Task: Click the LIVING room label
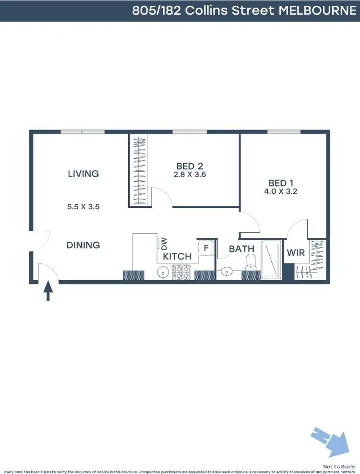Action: point(83,174)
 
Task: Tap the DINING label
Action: point(83,245)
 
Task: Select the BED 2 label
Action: point(190,166)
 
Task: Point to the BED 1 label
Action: point(281,183)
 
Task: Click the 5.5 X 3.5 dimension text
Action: point(83,207)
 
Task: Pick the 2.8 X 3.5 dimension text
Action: point(190,175)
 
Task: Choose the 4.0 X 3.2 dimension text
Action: point(281,191)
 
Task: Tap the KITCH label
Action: point(177,256)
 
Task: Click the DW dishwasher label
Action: point(164,244)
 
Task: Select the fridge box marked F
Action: point(206,248)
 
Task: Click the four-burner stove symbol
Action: point(182,272)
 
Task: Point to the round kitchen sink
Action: point(163,273)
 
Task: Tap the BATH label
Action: point(241,249)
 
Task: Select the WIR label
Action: point(296,252)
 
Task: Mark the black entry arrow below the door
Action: point(48,291)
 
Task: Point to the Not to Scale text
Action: point(338,466)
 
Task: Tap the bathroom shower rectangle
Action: point(271,260)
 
